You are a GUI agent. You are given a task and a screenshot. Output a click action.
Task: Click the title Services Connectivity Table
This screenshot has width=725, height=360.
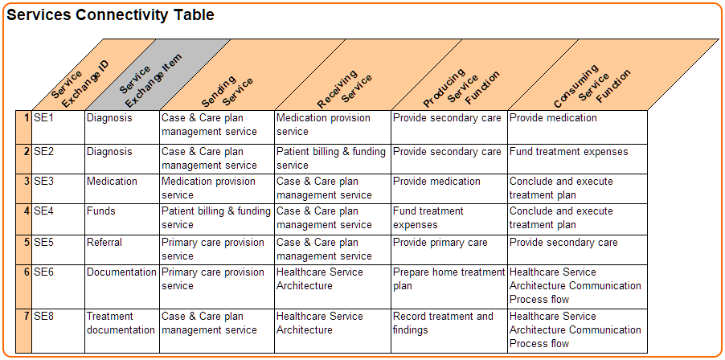(110, 15)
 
